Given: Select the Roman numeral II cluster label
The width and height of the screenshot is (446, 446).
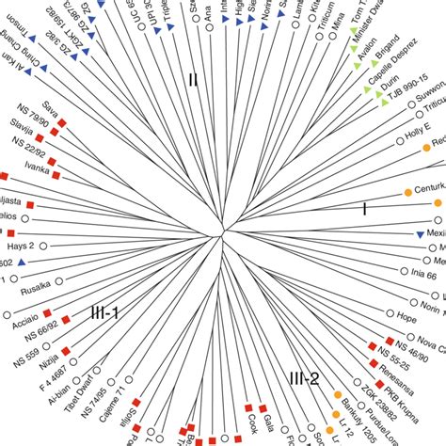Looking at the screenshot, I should coord(193,80).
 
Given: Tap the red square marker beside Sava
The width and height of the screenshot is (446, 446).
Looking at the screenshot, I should coord(62,122).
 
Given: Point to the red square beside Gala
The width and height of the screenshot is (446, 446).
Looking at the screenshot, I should coord(249,407).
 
